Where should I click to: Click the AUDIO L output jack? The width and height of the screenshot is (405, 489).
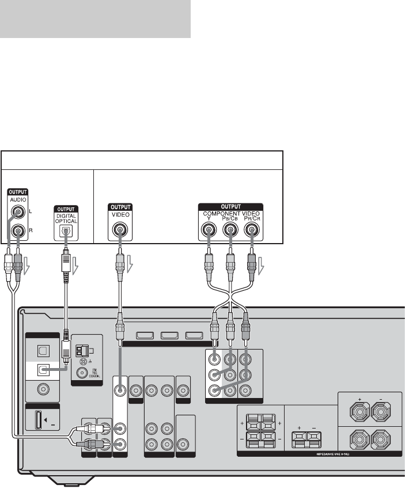[x=20, y=213]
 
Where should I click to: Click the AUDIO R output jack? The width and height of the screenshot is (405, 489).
[x=20, y=232]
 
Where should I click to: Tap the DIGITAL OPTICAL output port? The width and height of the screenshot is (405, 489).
[x=66, y=232]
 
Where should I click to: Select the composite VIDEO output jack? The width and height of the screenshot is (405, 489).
[x=119, y=232]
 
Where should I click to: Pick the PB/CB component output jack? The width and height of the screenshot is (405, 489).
[x=230, y=232]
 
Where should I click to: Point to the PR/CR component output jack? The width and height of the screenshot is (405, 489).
[x=251, y=232]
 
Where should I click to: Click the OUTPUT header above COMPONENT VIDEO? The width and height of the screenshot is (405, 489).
[x=230, y=205]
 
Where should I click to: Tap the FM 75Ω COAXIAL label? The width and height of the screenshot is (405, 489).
[x=92, y=373]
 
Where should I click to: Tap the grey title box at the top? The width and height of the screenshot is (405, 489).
[x=96, y=18]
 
